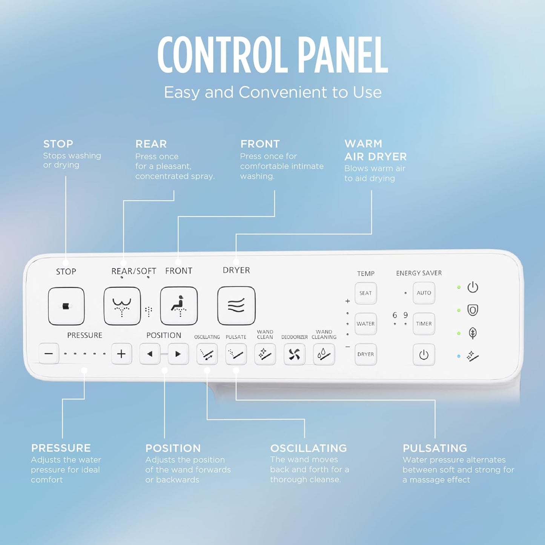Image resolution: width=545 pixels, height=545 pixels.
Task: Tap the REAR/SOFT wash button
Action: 122,306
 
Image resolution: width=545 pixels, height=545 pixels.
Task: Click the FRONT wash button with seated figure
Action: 179,306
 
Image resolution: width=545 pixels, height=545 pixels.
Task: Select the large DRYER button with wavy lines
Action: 236,306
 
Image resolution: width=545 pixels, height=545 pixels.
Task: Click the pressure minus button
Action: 49,354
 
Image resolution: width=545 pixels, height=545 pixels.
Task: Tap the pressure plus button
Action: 121,354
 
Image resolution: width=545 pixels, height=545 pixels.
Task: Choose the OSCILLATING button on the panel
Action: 207,354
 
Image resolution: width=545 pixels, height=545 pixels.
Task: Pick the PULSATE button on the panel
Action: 236,354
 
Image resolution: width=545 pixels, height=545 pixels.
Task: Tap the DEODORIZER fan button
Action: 294,354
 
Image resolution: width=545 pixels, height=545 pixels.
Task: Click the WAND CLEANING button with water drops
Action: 324,354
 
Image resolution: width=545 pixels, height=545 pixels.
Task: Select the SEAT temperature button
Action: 365,293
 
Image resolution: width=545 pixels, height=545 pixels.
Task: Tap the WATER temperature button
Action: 365,324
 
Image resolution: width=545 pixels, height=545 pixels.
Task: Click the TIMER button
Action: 424,324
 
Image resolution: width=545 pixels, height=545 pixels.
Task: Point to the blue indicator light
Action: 459,356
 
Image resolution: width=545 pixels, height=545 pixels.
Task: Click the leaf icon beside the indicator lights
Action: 473,333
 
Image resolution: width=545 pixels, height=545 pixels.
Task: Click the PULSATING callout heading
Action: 435,448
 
